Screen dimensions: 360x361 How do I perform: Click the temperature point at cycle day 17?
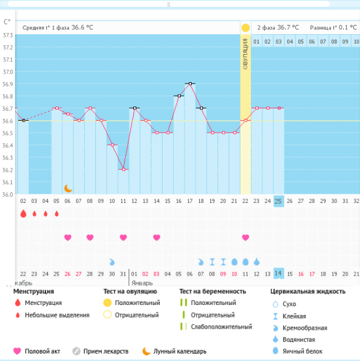click(x=190, y=83)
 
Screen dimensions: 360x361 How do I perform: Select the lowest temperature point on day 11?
click(x=123, y=169)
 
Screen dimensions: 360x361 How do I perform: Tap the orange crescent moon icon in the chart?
click(x=68, y=189)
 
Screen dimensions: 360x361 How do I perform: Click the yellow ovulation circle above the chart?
click(x=245, y=28)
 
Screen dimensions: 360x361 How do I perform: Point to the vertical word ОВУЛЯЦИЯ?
click(x=245, y=54)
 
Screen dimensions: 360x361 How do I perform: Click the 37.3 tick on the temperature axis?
click(x=7, y=35)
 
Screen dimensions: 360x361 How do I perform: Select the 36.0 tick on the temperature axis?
click(x=7, y=195)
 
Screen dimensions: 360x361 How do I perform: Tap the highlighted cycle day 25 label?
click(x=278, y=201)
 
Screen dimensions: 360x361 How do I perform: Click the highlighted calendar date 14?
click(x=278, y=273)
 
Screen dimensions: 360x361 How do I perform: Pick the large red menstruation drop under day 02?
click(x=23, y=213)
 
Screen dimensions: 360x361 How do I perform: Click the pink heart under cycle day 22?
click(x=245, y=237)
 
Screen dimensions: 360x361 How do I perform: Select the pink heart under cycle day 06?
click(x=68, y=237)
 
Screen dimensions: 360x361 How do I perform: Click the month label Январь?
click(x=142, y=283)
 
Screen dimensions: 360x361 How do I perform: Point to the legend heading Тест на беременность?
click(x=212, y=291)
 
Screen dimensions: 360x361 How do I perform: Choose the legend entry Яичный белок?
click(x=297, y=351)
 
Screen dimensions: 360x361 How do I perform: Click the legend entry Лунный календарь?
click(x=174, y=351)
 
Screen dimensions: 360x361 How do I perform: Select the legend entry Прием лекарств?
click(x=100, y=351)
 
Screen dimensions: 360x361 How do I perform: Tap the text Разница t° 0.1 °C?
click(x=333, y=28)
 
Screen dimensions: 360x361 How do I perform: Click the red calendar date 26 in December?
click(x=67, y=274)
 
